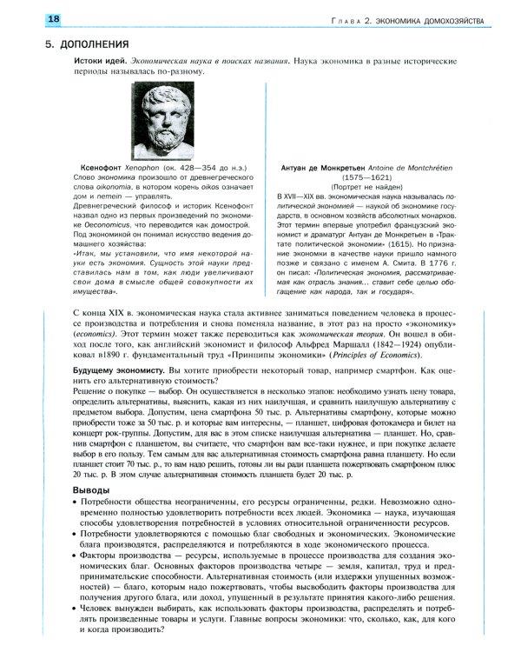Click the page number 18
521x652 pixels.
point(30,19)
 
